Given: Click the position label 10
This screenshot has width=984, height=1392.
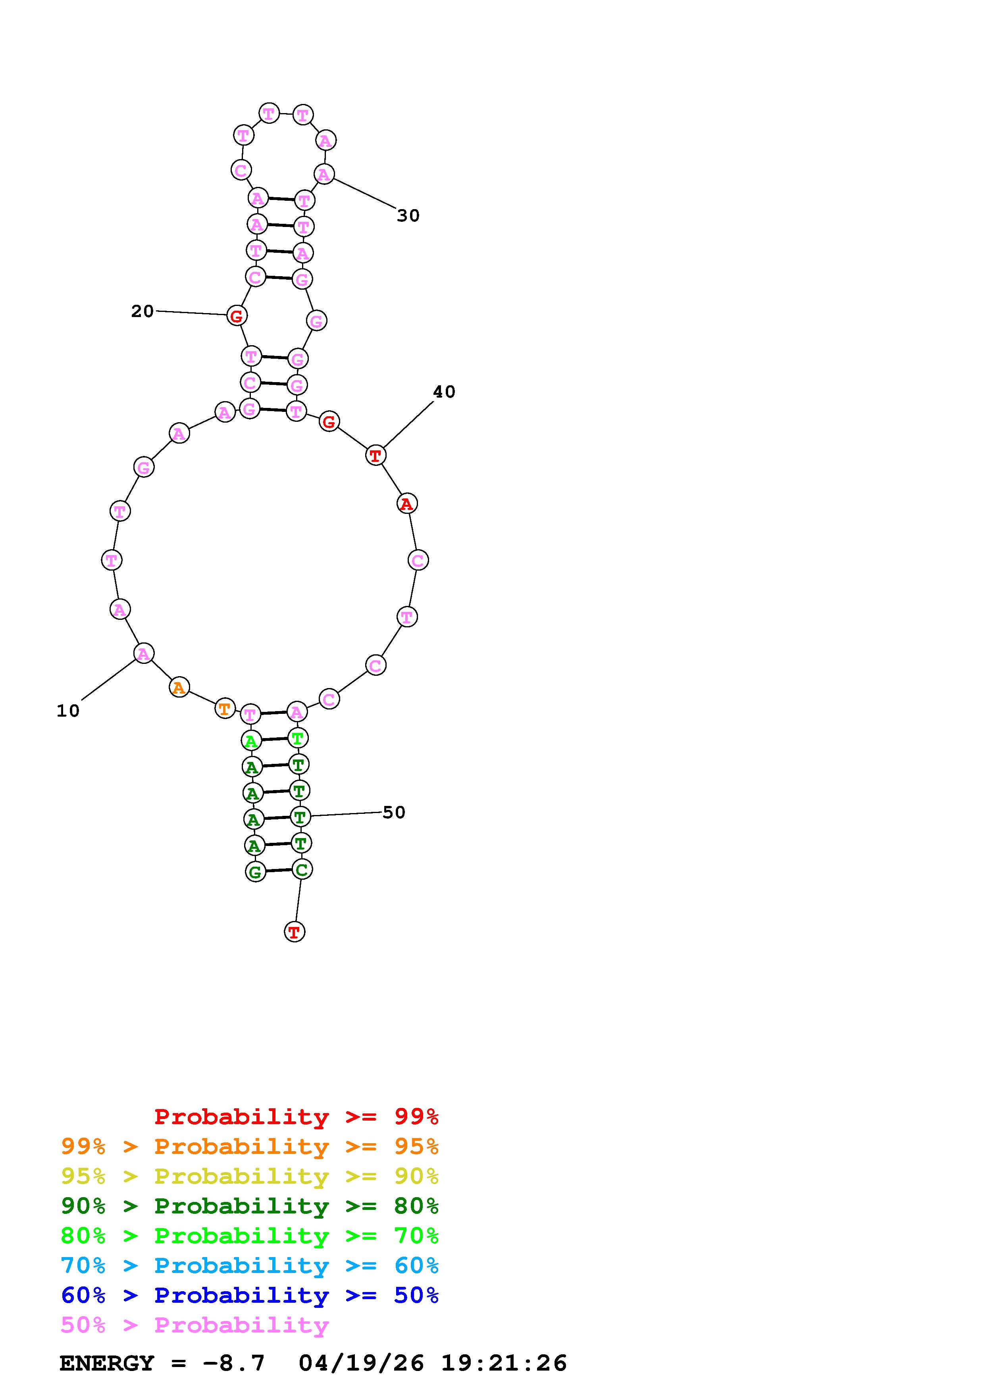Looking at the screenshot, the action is click(x=68, y=711).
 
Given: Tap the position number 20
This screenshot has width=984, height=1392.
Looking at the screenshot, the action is click(x=142, y=311).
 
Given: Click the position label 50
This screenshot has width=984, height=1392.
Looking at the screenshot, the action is click(x=393, y=812).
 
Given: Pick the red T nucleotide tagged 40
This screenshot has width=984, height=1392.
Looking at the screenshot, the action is click(x=376, y=455).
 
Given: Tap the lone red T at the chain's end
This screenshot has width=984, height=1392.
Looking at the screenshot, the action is click(x=295, y=932).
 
